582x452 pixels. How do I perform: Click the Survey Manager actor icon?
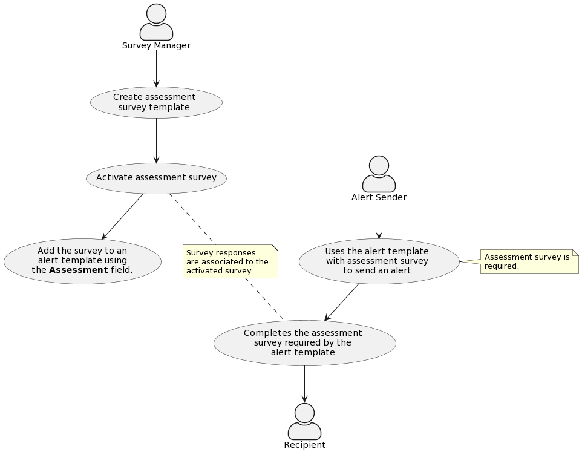click(156, 22)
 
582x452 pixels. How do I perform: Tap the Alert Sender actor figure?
click(379, 174)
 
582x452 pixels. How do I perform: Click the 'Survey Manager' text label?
click(156, 46)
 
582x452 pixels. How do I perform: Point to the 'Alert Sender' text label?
click(379, 198)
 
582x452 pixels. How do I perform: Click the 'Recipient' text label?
click(304, 445)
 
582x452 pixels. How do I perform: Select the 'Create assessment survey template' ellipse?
click(156, 102)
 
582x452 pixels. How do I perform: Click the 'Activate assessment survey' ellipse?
click(156, 178)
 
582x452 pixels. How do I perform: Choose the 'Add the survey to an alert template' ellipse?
click(82, 261)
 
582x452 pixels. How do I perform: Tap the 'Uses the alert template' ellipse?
click(379, 261)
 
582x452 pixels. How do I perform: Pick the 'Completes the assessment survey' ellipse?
click(304, 342)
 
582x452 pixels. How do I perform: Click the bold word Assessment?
click(78, 270)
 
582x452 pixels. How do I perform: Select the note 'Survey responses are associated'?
click(230, 261)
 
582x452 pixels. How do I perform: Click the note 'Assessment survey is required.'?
click(529, 261)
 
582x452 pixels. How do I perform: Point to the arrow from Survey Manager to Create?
click(156, 68)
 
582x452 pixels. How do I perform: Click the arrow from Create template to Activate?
click(156, 140)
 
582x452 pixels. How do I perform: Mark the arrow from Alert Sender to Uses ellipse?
click(379, 220)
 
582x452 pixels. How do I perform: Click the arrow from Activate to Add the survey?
click(123, 217)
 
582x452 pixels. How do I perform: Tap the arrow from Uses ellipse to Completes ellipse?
click(342, 302)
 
